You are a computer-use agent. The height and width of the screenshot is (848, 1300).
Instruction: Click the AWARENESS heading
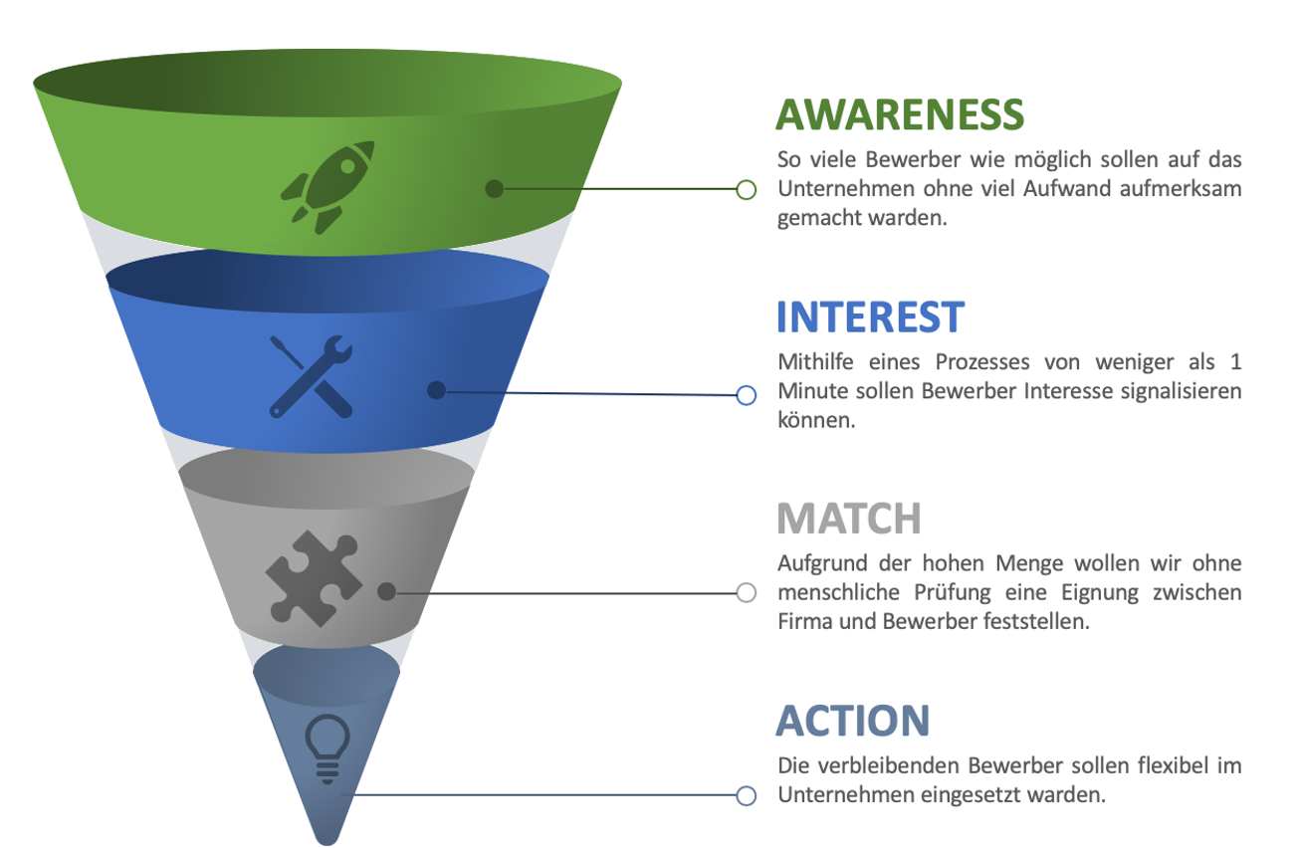coord(900,114)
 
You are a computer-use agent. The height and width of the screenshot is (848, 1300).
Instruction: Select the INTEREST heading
coord(871,317)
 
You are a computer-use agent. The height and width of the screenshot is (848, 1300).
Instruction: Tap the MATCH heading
coord(849,519)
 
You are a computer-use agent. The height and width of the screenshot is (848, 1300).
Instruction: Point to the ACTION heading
coord(852,721)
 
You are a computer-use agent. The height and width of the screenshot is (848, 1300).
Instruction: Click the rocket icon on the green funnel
coord(327,187)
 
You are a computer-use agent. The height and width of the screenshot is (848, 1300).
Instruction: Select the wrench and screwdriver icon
coord(312,376)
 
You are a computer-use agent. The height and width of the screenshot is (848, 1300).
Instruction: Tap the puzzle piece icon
coord(314,578)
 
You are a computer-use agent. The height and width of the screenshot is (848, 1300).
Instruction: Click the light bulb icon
coord(327,748)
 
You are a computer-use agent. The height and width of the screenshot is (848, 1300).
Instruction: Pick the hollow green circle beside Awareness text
coord(747,190)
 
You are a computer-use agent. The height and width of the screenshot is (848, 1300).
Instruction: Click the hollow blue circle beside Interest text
coord(747,395)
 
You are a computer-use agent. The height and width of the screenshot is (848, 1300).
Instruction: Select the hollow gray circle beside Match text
coord(747,592)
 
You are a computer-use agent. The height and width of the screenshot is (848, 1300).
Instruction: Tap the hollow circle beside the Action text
coord(747,796)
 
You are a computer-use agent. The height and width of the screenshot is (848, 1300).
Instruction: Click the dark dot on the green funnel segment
coord(495,188)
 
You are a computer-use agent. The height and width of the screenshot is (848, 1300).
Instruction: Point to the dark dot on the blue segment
coord(436,390)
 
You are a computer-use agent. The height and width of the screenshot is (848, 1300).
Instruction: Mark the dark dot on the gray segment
coord(386,591)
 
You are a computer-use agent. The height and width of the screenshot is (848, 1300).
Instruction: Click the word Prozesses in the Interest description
coord(981,362)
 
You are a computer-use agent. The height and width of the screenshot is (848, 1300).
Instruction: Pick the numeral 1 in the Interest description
coord(1235,362)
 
